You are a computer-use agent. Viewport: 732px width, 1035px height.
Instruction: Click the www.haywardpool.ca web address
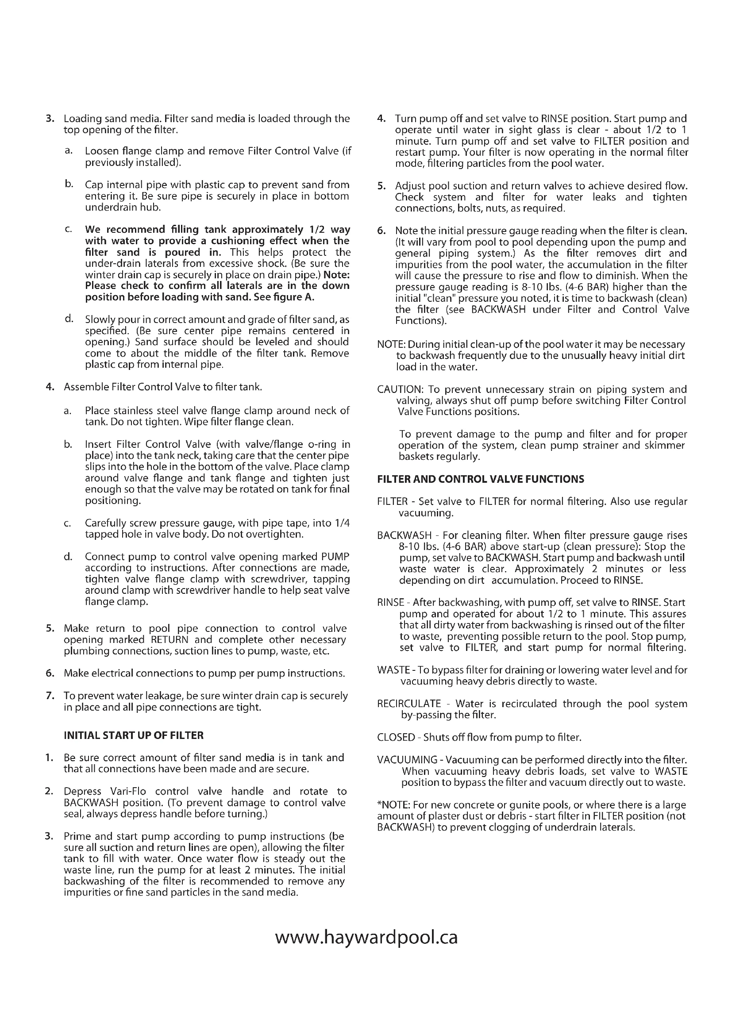[x=366, y=937]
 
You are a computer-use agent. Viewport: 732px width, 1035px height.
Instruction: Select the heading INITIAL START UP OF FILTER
[x=133, y=735]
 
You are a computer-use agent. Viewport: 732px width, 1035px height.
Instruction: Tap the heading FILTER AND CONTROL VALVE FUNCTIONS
[x=481, y=479]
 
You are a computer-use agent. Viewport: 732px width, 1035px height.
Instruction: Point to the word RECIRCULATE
[x=409, y=704]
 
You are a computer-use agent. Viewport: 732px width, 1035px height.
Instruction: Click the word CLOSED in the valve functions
[x=396, y=737]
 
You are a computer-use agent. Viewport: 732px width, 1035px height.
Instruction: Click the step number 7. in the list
[x=50, y=696]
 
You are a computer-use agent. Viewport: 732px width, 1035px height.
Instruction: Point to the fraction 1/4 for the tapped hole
[x=343, y=523]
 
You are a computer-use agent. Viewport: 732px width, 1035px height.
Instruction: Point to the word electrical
[x=112, y=673]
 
